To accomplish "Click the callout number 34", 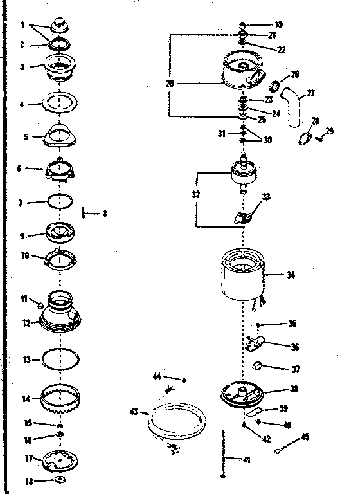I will pyautogui.click(x=291, y=275).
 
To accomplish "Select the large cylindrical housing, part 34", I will pyautogui.click(x=244, y=275).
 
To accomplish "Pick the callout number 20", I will pyautogui.click(x=170, y=83).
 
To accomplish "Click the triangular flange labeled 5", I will pyautogui.click(x=63, y=135).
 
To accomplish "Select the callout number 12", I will pyautogui.click(x=26, y=322).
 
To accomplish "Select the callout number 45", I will pyautogui.click(x=305, y=437).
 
